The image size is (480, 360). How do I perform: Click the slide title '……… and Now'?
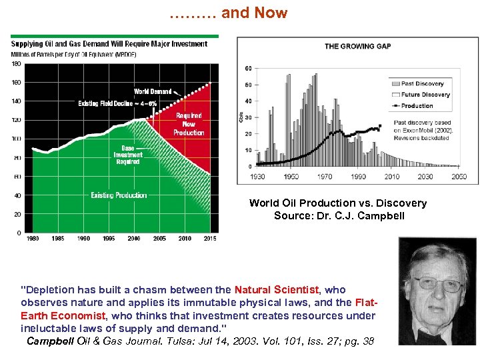pos(228,13)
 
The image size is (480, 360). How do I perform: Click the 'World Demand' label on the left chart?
pos(153,91)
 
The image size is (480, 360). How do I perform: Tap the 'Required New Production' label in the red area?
pos(189,124)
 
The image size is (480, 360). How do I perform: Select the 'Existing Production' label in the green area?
pos(119,195)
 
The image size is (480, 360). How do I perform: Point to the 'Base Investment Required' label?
pos(127,155)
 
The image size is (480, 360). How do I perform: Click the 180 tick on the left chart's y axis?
pos(17,63)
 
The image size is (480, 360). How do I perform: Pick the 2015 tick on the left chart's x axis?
pos(209,238)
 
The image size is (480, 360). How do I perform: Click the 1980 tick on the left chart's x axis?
pos(31,238)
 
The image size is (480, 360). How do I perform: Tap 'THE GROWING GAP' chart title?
pos(357,46)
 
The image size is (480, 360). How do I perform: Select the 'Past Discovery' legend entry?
pos(422,83)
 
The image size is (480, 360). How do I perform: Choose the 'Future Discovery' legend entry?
pos(425,95)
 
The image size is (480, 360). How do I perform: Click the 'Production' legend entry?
pos(417,105)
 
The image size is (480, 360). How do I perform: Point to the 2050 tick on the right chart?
pos(458,177)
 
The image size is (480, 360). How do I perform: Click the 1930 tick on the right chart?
pos(257,177)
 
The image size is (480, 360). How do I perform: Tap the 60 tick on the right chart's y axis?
pos(248,69)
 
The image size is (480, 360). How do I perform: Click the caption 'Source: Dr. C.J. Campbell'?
pos(339,215)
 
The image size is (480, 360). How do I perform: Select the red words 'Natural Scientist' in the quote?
pos(277,290)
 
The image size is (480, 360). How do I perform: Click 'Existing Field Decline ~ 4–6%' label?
pos(117,103)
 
